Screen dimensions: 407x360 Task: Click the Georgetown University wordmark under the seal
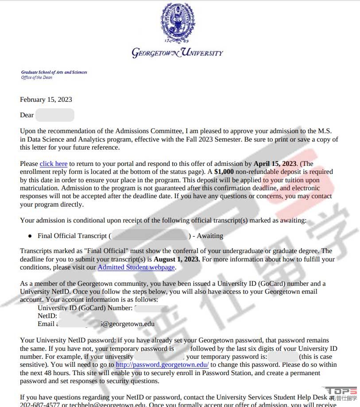pos(178,53)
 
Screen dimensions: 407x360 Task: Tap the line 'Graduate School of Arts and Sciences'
pos(54,72)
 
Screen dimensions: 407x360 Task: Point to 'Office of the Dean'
pos(37,77)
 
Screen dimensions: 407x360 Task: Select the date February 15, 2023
pos(46,100)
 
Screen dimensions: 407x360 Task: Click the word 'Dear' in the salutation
pos(27,115)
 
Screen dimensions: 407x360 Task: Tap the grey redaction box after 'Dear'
pos(55,115)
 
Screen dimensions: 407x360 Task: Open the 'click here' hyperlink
pos(54,164)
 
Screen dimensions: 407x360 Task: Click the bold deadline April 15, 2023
pos(275,164)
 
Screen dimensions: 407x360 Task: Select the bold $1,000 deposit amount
pos(224,172)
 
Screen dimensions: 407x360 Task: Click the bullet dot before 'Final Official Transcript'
pos(30,236)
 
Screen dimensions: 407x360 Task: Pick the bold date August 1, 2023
pos(177,259)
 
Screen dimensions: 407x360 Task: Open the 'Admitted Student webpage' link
pos(136,267)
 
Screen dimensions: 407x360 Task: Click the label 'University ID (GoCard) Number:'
pos(85,308)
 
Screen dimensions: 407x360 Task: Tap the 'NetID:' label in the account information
pos(47,316)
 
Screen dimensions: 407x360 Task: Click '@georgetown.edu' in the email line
pos(128,324)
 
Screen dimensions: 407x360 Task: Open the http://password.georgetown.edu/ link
pos(162,365)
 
